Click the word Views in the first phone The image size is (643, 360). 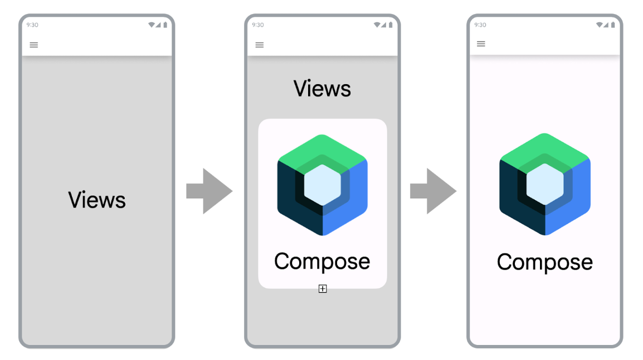pyautogui.click(x=97, y=200)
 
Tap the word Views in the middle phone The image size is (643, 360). pyautogui.click(x=322, y=89)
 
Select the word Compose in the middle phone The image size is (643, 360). pyautogui.click(x=322, y=261)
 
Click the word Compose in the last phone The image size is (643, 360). pyautogui.click(x=544, y=262)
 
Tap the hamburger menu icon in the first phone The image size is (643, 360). pyautogui.click(x=34, y=45)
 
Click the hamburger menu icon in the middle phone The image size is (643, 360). pyautogui.click(x=260, y=45)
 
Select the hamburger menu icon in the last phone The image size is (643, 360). pyautogui.click(x=481, y=44)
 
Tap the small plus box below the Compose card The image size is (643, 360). pyautogui.click(x=323, y=289)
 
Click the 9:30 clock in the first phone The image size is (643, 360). pyautogui.click(x=32, y=25)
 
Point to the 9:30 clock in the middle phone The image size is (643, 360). pyautogui.click(x=257, y=25)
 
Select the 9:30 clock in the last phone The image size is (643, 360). pyautogui.click(x=480, y=25)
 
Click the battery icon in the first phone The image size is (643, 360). pyautogui.click(x=165, y=25)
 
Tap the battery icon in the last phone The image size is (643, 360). pyautogui.click(x=613, y=25)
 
